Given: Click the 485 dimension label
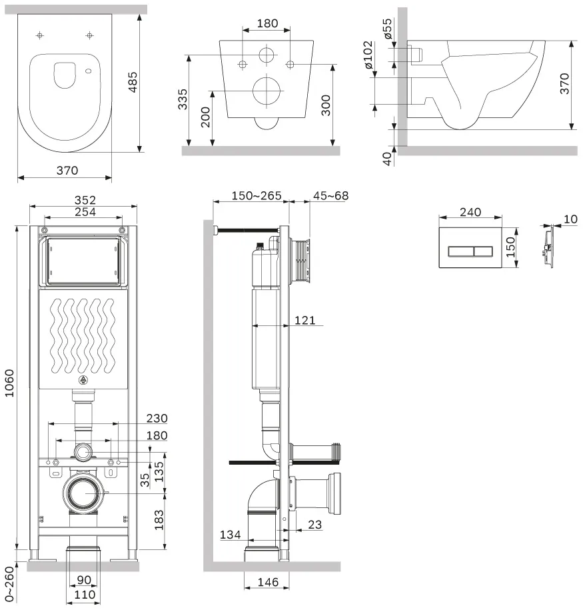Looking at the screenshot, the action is (x=133, y=82).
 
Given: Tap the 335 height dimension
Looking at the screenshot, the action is (x=183, y=99).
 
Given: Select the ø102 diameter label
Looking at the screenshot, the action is (x=368, y=55).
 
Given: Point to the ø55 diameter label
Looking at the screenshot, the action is (x=387, y=29).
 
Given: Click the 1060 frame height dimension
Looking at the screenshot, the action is (x=9, y=383).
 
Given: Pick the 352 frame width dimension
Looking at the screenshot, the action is (x=85, y=200).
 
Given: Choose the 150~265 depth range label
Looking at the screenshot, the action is (x=257, y=196).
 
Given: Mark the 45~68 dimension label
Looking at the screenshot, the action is (x=330, y=196).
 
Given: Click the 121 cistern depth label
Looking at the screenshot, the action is (x=305, y=320).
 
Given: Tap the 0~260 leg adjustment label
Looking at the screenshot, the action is (x=9, y=583).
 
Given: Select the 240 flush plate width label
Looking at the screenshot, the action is (x=470, y=212).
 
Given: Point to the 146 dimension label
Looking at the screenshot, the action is (x=268, y=583).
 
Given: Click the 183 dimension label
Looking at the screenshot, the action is (x=159, y=520).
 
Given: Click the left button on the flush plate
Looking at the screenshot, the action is (x=461, y=252).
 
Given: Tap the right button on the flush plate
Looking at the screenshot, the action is (x=483, y=252).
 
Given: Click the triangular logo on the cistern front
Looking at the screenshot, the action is (x=83, y=380).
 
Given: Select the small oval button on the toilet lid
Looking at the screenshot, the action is (x=88, y=71).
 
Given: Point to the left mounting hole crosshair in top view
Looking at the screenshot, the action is (x=40, y=36).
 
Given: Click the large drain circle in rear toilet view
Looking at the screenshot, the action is (x=266, y=91).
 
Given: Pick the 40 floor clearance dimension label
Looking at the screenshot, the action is (x=386, y=159).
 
